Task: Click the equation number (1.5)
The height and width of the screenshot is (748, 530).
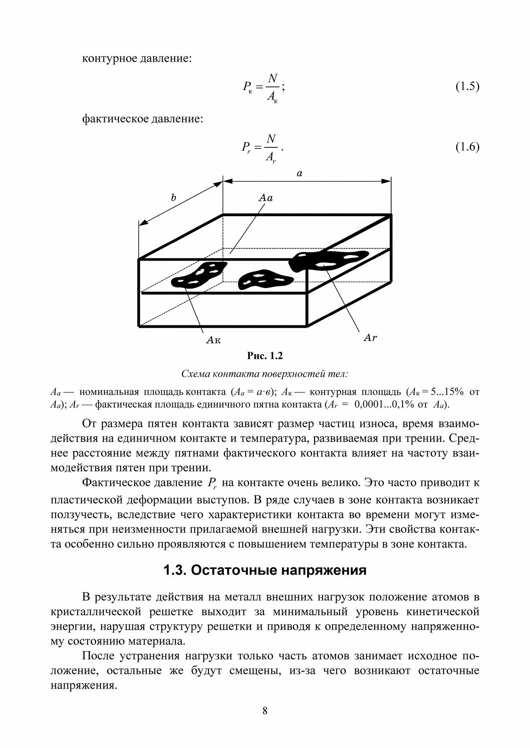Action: [467, 87]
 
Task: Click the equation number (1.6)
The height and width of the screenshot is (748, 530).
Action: [467, 147]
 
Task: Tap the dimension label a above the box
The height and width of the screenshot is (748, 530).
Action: [299, 174]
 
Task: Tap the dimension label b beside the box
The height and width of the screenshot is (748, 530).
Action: [173, 198]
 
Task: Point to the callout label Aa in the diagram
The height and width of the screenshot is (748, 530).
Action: [266, 198]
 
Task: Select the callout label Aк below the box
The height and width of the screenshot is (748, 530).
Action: [214, 340]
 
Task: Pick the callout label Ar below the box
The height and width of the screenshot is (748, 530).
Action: [370, 338]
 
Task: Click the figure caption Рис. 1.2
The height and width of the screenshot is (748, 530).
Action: [265, 356]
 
